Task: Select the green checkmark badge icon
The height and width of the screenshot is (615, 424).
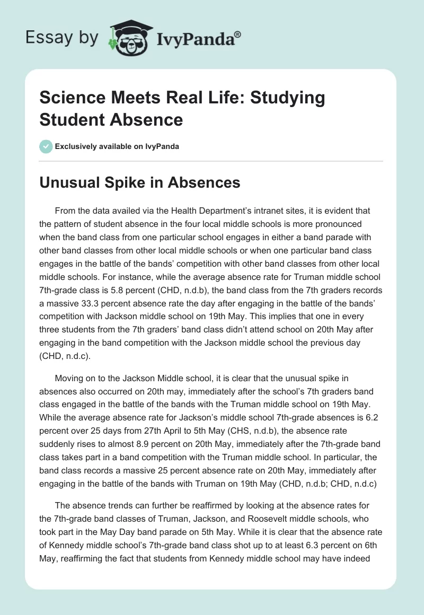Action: click(46, 146)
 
